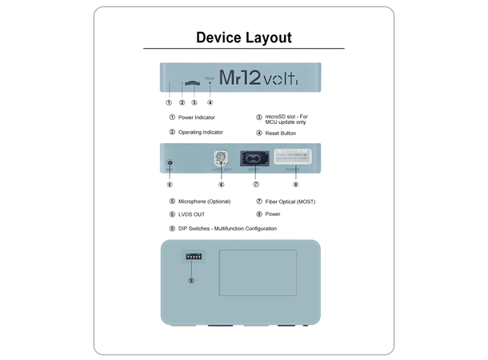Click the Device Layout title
[x=244, y=38]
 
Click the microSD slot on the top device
[x=193, y=82]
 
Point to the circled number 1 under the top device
[x=169, y=102]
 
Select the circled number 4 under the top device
[x=210, y=102]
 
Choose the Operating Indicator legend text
[x=206, y=132]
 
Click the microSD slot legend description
[x=286, y=120]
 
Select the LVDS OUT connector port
[x=221, y=158]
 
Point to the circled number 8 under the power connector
[x=295, y=185]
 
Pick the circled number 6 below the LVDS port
[x=221, y=185]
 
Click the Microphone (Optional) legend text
[x=206, y=202]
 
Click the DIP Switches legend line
[x=228, y=229]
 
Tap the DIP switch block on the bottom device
[x=192, y=257]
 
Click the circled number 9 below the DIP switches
[x=191, y=280]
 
